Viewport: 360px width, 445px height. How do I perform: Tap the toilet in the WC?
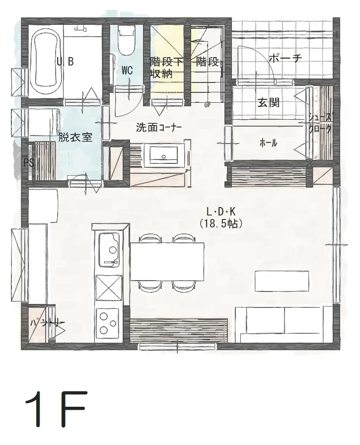tap(126, 42)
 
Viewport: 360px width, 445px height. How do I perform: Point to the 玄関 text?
tap(268, 103)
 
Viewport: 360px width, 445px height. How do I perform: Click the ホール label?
tap(269, 143)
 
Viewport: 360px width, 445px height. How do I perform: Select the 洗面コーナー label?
tap(159, 127)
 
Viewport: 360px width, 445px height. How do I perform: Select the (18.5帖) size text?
tap(220, 224)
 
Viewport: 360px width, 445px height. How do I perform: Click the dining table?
tap(167, 262)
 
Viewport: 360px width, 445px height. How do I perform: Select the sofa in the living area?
tap(283, 324)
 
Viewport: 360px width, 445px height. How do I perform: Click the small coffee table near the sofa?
tap(282, 281)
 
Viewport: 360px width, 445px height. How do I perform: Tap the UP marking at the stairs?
tap(207, 105)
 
